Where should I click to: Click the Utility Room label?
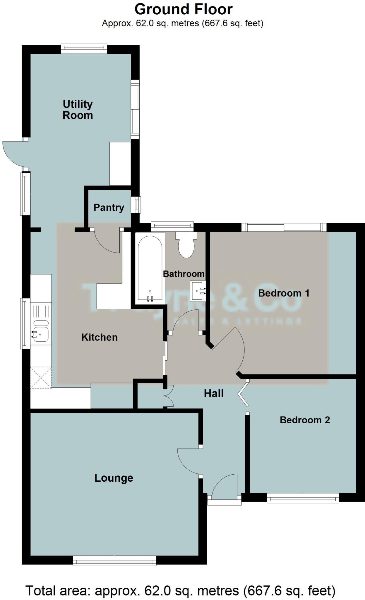pyautogui.click(x=78, y=110)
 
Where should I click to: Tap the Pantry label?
pyautogui.click(x=109, y=207)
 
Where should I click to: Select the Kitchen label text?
pyautogui.click(x=100, y=337)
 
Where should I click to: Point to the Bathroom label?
pyautogui.click(x=184, y=274)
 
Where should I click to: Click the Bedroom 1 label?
pyautogui.click(x=284, y=293)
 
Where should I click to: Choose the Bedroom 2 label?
pyautogui.click(x=305, y=420)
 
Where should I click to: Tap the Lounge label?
pyautogui.click(x=114, y=478)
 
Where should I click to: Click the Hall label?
pyautogui.click(x=214, y=393)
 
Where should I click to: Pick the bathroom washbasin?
pyautogui.click(x=198, y=291)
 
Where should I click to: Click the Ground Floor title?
pyautogui.click(x=183, y=9)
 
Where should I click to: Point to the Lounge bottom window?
pyautogui.click(x=114, y=561)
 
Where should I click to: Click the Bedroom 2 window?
pyautogui.click(x=303, y=498)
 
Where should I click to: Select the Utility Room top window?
pyautogui.click(x=84, y=49)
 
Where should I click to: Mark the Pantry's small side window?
pyautogui.click(x=136, y=205)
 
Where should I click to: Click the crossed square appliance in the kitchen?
pyautogui.click(x=41, y=377)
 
